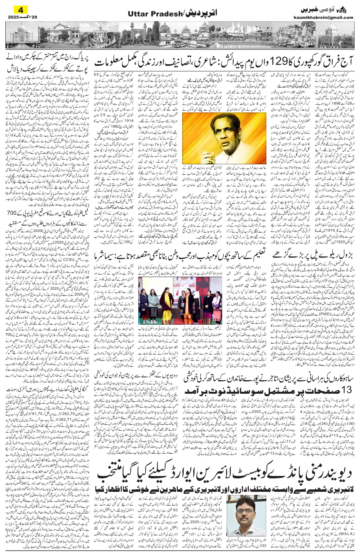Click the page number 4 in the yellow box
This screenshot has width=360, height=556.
tap(17, 10)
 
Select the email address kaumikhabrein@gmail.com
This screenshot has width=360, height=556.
tap(328, 17)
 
